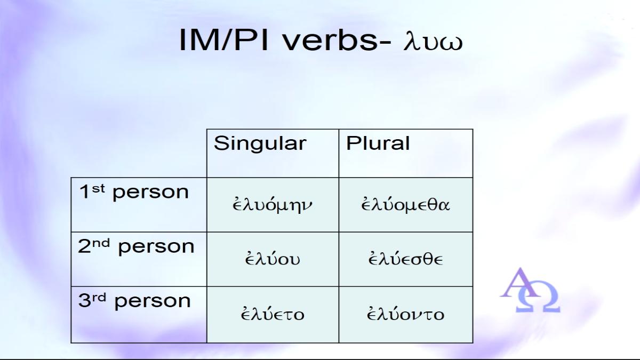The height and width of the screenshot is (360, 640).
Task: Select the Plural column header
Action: point(378,143)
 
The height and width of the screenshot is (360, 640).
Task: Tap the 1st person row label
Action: point(134,193)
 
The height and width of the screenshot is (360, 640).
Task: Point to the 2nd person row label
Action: point(136,247)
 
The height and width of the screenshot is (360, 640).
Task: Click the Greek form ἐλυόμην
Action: point(273,205)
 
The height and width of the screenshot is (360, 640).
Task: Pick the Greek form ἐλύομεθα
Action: point(405,204)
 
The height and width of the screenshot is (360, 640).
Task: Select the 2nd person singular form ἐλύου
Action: point(273,259)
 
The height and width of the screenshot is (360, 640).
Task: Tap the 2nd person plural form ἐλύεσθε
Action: point(405,259)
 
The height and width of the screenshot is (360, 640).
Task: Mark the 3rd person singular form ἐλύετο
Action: point(273,314)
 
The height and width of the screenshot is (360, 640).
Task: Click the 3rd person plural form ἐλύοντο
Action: point(405,314)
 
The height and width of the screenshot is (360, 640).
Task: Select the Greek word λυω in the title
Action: point(433,42)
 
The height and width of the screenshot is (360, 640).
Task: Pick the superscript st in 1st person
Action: point(98,189)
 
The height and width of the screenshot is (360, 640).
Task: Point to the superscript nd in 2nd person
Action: point(101,243)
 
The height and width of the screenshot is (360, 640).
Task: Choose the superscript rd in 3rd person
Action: point(99,298)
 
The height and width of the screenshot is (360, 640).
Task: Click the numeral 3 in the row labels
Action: point(84,301)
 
